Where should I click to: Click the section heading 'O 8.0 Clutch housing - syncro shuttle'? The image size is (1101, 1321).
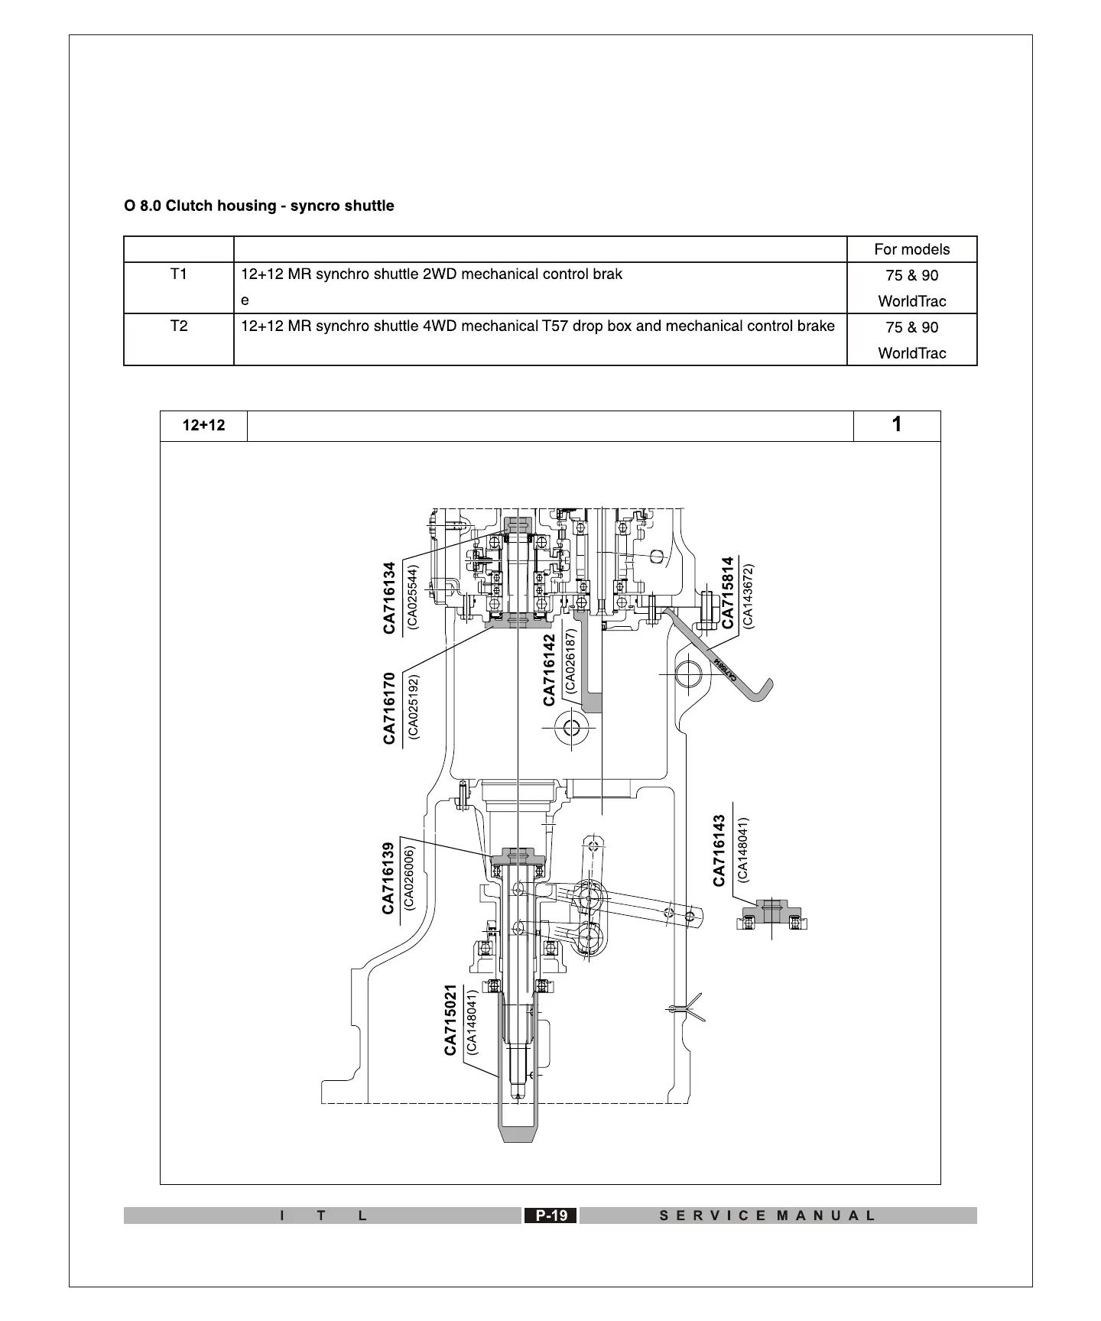pos(259,206)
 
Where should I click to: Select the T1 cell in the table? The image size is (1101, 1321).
pos(178,274)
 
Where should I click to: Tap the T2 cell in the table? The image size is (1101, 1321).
pos(178,326)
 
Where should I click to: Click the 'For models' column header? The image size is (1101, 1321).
pos(911,249)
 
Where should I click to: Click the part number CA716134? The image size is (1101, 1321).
pos(390,598)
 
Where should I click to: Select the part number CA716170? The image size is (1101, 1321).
pos(390,708)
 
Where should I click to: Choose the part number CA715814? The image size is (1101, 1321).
pos(728,592)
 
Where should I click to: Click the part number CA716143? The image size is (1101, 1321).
pos(719,850)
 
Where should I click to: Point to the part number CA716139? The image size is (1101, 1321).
pos(388,878)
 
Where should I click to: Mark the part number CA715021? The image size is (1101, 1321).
pos(451,1020)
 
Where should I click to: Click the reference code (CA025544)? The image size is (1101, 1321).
pos(413,597)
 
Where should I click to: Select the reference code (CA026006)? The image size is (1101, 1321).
pos(409,878)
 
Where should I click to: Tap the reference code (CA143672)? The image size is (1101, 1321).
pos(748,596)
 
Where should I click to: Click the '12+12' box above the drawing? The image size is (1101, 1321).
pos(203,426)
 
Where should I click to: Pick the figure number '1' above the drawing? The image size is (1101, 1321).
pos(896,425)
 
